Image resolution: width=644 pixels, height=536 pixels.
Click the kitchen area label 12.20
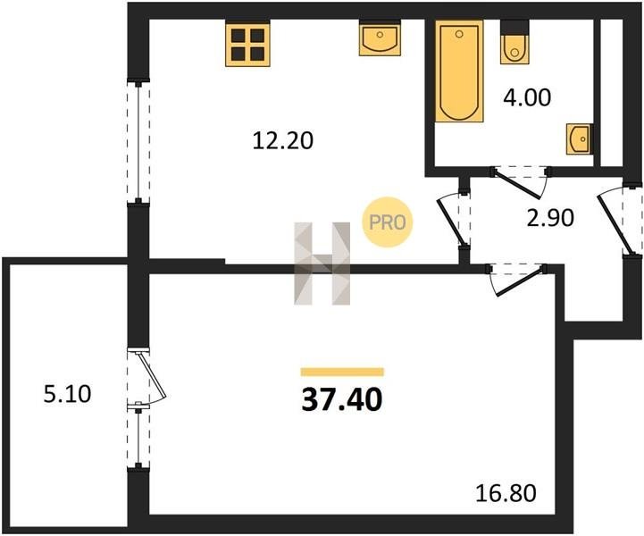pos(282,141)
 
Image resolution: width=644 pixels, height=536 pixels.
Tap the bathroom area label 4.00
pos(527,97)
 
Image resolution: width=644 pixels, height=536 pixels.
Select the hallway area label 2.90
pos(550,218)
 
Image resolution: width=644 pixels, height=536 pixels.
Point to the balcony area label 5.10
pos(67,394)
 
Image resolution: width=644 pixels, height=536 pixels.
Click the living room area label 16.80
pos(506,493)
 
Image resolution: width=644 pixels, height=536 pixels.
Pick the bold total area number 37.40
pos(342,399)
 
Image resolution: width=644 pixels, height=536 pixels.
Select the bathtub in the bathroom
pos(459,71)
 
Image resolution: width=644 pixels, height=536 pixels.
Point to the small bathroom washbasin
pos(580,138)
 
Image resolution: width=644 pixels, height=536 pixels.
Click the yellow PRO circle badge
pos(387,222)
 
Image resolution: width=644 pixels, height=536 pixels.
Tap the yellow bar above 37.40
pos(342,373)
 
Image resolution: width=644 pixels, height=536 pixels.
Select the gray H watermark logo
pos(322,264)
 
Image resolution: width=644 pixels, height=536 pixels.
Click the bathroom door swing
pos(521,181)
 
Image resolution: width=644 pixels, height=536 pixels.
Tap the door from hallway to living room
pos(516,280)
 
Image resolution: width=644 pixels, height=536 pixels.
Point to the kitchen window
pos(138,142)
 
